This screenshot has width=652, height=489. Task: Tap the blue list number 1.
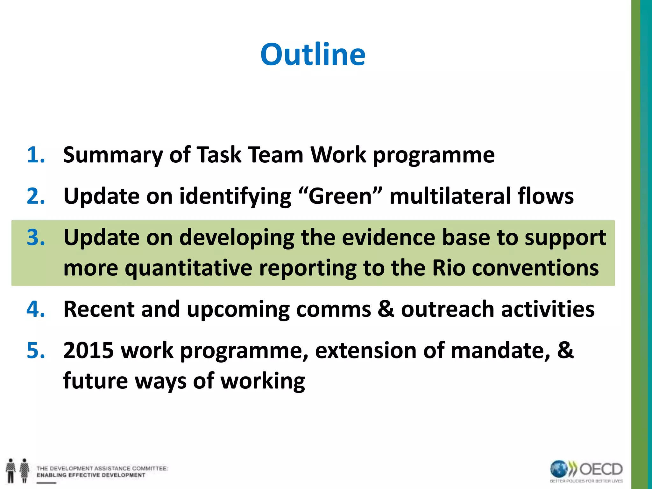(36, 155)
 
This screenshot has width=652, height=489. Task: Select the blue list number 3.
(36, 237)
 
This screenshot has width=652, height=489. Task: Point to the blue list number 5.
(36, 351)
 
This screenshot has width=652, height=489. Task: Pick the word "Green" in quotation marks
(340, 196)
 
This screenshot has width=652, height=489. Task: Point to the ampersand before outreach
(386, 309)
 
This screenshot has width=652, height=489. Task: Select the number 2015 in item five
(89, 351)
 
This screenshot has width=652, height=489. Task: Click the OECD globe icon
(559, 469)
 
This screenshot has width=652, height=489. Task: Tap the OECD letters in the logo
(601, 469)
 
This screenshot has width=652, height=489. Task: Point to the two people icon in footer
(18, 471)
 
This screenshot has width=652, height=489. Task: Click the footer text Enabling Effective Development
(91, 475)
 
